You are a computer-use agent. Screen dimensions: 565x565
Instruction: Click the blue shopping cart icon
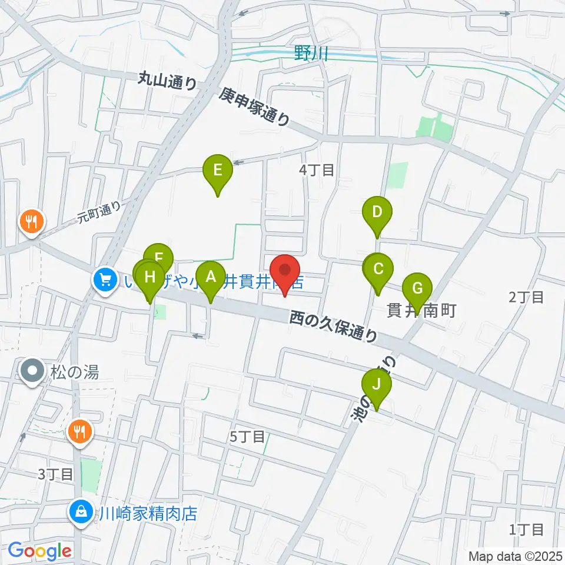(x=105, y=279)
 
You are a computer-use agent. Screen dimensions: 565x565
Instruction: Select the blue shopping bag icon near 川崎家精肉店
(x=79, y=511)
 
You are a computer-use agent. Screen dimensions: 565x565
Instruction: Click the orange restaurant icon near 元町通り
(x=31, y=222)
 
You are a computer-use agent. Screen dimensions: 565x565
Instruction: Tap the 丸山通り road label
(x=168, y=81)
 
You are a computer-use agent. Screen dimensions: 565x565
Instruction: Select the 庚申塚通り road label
(x=255, y=107)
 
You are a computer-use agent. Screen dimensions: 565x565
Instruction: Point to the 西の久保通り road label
(x=334, y=327)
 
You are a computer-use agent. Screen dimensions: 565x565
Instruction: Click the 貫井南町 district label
(x=421, y=310)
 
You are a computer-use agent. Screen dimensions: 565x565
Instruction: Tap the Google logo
(x=39, y=551)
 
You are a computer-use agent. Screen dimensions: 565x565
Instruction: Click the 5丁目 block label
(x=247, y=437)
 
